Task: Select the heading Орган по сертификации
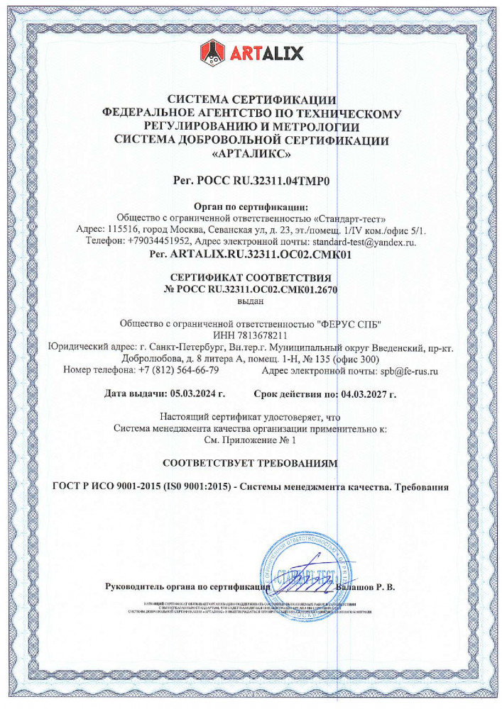coord(251,206)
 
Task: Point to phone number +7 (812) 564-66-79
coord(179,369)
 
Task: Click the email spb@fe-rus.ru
coord(408,369)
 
